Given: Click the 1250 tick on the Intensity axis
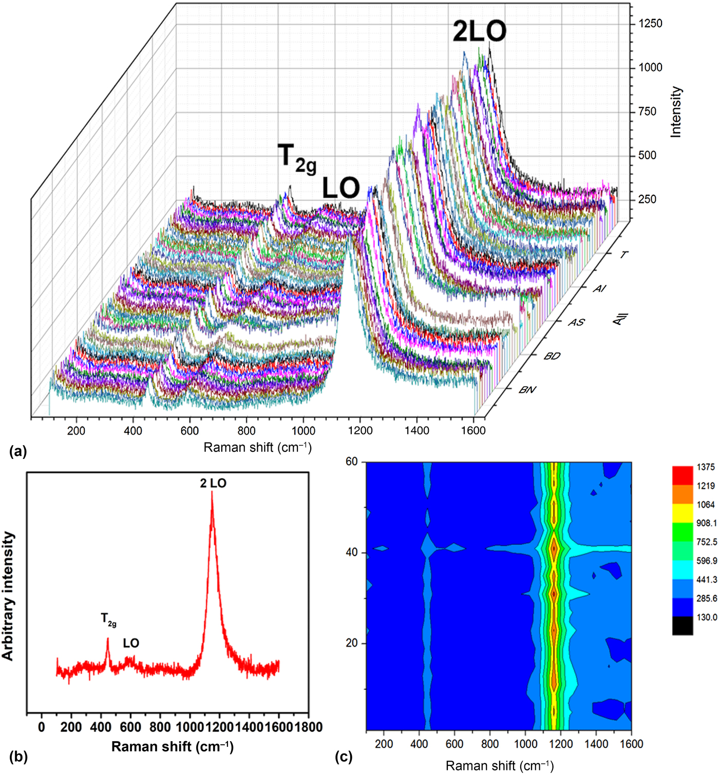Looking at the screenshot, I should [x=650, y=24].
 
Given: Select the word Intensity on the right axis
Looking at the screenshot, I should [x=676, y=112].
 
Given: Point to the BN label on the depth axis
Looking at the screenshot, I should [x=527, y=390].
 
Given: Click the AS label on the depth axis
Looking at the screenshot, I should [x=576, y=322].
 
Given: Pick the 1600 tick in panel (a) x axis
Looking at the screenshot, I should [x=472, y=431].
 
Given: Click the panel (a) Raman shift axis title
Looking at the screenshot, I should [x=257, y=447].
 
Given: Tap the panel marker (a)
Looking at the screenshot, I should [x=18, y=452].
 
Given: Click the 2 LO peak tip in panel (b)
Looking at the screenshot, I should [x=212, y=492].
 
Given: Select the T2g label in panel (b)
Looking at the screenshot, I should [x=108, y=619].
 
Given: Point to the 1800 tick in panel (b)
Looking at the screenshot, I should [x=308, y=727].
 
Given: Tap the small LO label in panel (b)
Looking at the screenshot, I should [x=131, y=643].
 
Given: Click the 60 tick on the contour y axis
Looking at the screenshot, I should [x=352, y=462].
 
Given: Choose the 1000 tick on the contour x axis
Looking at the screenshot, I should [x=525, y=744].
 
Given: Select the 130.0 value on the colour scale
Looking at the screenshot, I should [x=707, y=617].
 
